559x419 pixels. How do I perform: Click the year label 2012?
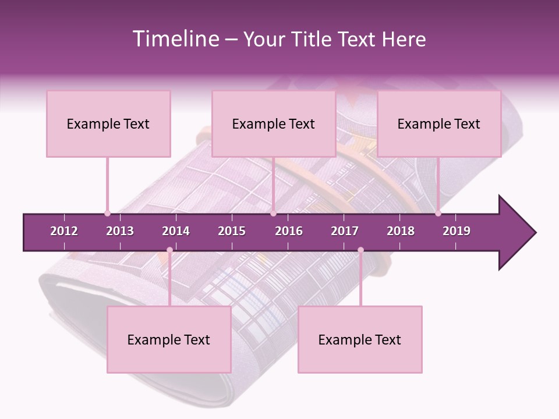64,231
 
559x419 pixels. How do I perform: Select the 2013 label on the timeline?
120,231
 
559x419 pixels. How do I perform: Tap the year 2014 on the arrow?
176,231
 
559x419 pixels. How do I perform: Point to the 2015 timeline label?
232,231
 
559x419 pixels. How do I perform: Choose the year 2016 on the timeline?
289,231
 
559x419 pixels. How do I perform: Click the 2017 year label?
345,231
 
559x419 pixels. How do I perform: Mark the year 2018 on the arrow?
401,231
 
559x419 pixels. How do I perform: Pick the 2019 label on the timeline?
457,231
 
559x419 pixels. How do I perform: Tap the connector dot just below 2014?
169,250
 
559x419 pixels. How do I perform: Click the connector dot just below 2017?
360,250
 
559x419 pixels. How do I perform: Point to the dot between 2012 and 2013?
107,213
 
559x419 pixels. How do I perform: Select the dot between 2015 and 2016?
273,213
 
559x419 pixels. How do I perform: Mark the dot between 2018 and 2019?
438,213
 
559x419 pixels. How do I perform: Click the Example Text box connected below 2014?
169,339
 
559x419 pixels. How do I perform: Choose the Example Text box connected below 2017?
360,339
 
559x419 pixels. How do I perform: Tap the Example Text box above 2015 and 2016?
273,123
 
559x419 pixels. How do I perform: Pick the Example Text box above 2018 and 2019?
439,123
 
